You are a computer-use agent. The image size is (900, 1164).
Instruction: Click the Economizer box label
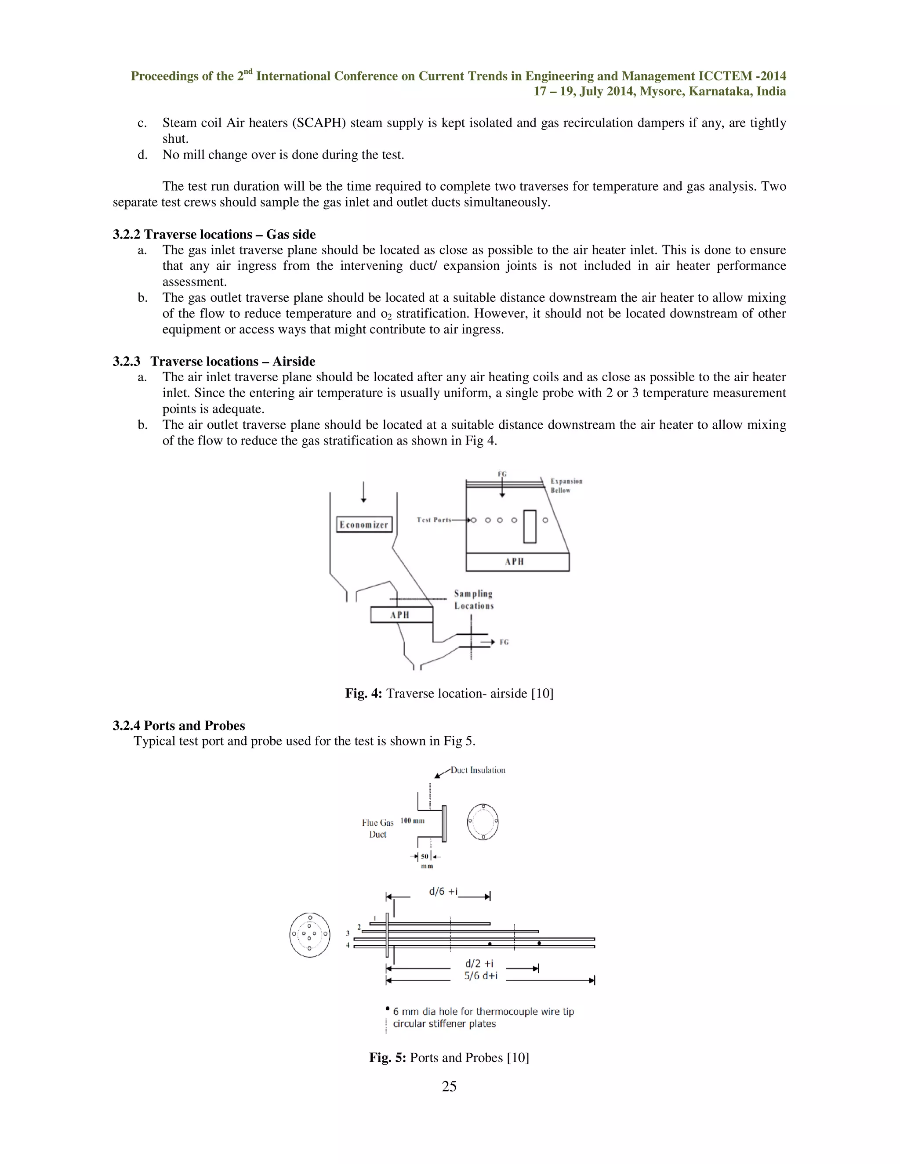365,524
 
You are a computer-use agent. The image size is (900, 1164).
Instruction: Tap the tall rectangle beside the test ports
530,527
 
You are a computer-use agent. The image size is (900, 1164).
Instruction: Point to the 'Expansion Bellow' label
566,485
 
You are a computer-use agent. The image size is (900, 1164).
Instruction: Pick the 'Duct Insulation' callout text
478,770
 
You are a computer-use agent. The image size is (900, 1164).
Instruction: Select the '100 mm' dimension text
412,821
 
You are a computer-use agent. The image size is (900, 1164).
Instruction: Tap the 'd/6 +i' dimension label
443,892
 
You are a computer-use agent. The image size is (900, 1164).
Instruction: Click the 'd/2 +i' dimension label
479,964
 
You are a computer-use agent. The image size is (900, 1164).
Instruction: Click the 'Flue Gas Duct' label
377,829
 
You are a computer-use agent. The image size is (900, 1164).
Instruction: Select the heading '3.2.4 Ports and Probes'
178,725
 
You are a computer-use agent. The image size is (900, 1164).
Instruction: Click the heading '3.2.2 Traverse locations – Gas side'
214,235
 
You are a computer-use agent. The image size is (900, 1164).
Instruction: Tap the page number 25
449,1086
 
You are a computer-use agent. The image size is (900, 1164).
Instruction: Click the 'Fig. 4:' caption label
363,694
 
